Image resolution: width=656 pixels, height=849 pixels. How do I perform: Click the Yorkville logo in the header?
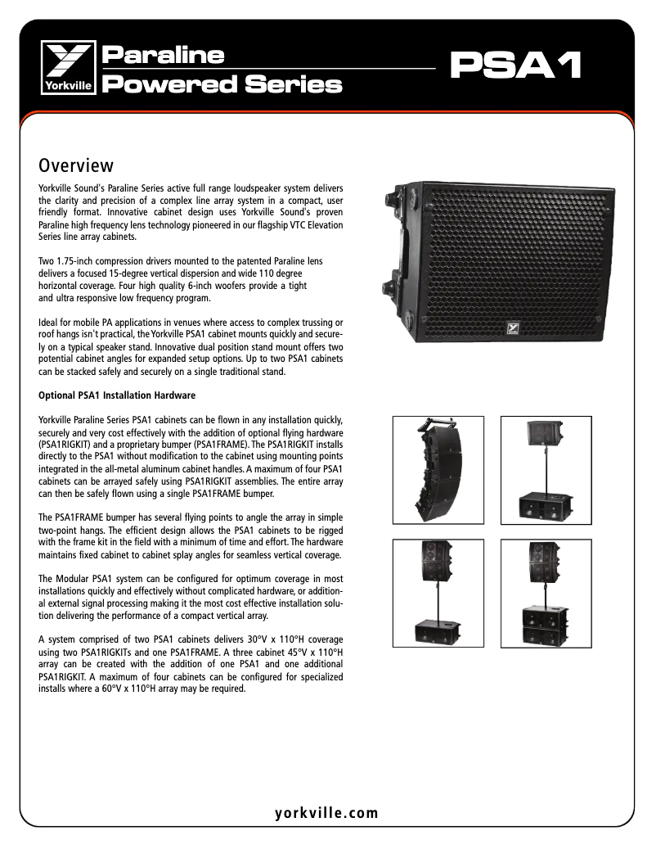coord(70,69)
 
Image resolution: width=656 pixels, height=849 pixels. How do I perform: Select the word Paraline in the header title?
coord(162,56)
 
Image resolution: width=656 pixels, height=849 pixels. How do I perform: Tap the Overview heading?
coord(76,166)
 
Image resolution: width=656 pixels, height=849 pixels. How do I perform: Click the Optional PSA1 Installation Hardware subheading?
coord(117,396)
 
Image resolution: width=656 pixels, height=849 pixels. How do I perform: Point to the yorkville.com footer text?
coord(327,813)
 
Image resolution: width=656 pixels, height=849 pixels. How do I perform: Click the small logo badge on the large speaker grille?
coord(516,327)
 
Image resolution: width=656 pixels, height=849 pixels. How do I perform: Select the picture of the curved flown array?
coord(438,473)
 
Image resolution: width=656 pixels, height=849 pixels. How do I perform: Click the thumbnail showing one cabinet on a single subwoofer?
coord(546,473)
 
